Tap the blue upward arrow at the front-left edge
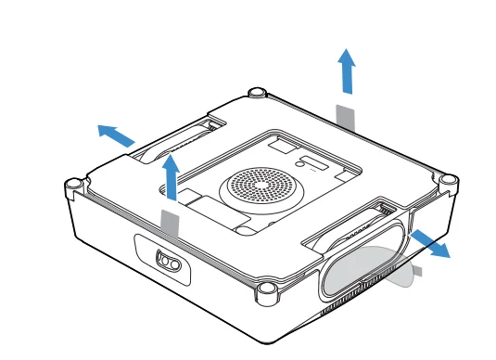pyautogui.click(x=170, y=176)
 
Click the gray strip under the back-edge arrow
pyautogui.click(x=345, y=117)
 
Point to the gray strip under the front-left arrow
pyautogui.click(x=170, y=223)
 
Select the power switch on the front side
pyautogui.click(x=166, y=261)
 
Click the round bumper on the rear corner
pyautogui.click(x=258, y=93)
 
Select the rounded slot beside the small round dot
pyautogui.click(x=316, y=166)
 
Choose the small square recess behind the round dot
pyautogui.click(x=280, y=146)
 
